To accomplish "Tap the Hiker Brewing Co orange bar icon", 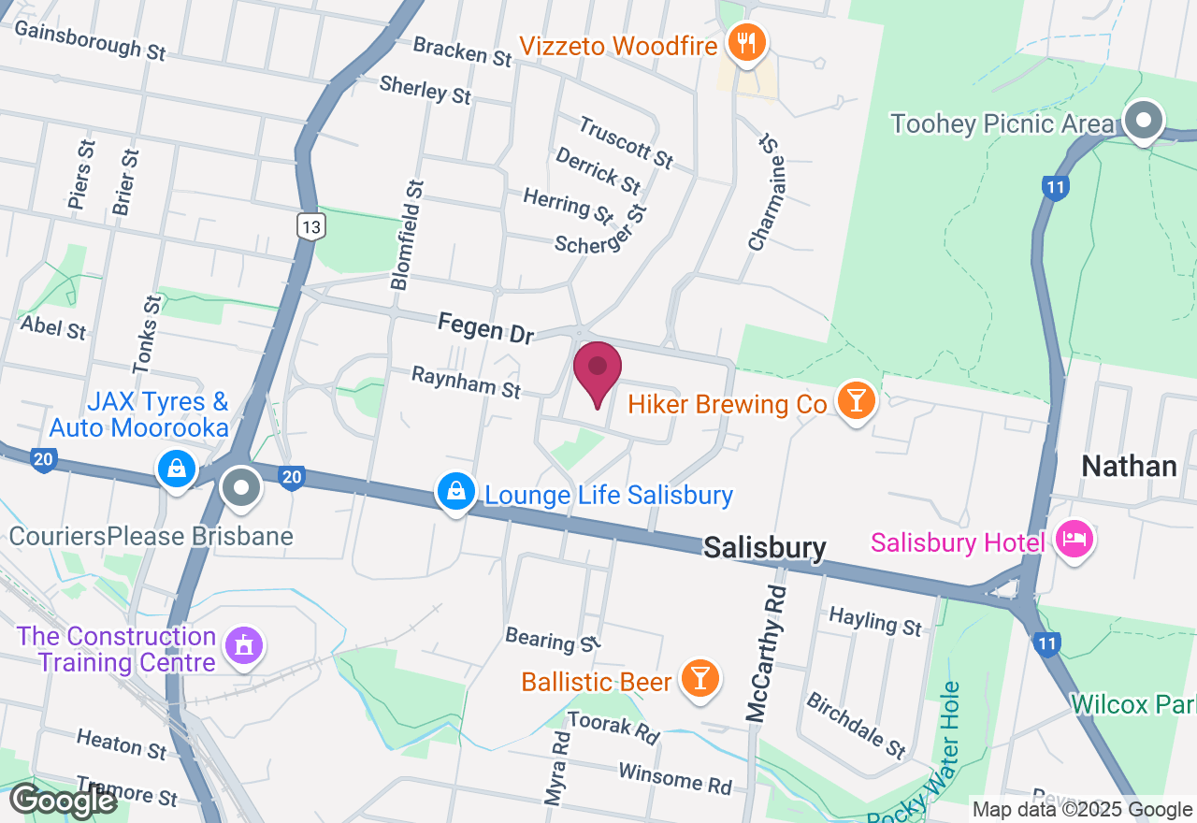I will [x=855, y=401].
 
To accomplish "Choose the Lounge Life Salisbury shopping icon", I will [x=455, y=492].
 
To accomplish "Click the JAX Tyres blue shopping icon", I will [x=176, y=469].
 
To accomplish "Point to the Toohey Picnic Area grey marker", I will [x=1143, y=121].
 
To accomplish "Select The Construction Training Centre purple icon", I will [x=244, y=644].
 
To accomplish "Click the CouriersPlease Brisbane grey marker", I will [x=242, y=487].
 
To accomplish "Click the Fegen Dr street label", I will [x=485, y=328].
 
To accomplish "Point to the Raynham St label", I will [x=466, y=382].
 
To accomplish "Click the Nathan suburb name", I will [x=1128, y=466].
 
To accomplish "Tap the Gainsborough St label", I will [x=90, y=41].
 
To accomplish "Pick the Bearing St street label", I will [x=552, y=640].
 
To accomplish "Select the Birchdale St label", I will [x=856, y=726].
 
